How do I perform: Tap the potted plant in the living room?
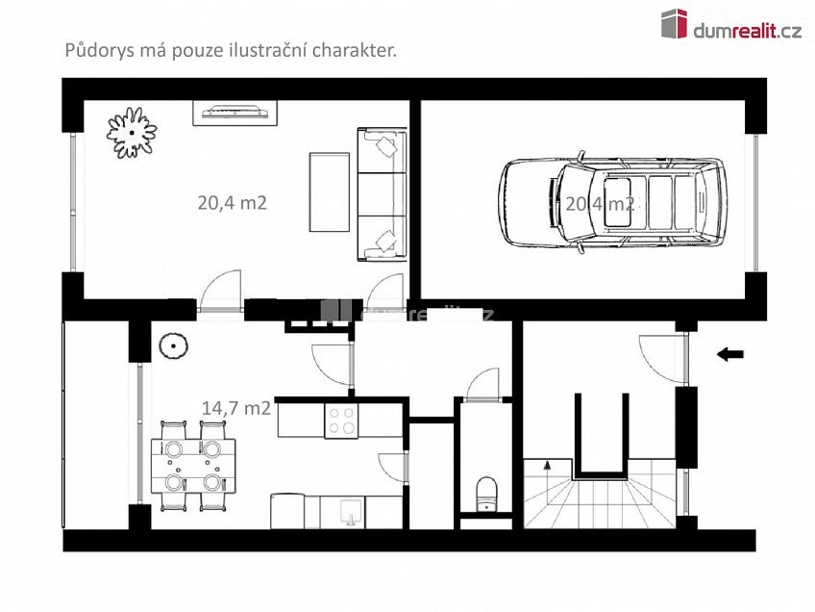[131, 132]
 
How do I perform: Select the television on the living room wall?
[236, 114]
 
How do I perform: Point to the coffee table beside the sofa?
[329, 191]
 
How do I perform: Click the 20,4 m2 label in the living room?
[232, 203]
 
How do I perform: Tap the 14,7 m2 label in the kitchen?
[235, 407]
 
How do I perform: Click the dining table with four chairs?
[191, 464]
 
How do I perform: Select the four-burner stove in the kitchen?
[342, 421]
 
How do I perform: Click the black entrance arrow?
[730, 354]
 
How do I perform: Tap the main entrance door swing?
[662, 355]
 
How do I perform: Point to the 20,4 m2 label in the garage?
[600, 203]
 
